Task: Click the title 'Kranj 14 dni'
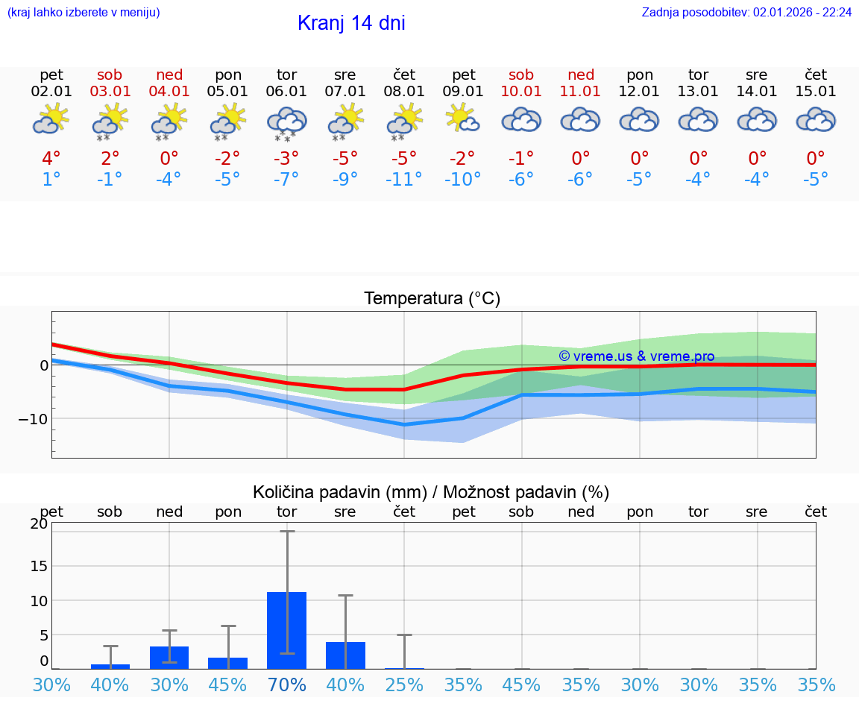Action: (x=351, y=23)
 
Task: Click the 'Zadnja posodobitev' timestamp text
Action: (x=746, y=12)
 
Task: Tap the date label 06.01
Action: (x=286, y=92)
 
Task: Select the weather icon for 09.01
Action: (x=463, y=119)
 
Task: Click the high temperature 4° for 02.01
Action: (x=51, y=159)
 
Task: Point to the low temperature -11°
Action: (x=403, y=180)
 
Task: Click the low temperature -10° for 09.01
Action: (x=463, y=180)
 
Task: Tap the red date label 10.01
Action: (x=521, y=92)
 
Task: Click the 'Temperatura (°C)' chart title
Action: (x=432, y=299)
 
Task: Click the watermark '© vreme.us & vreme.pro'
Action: (x=637, y=356)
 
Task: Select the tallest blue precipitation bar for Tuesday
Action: (x=287, y=630)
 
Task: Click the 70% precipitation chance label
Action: (x=287, y=684)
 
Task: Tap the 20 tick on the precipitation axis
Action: (x=39, y=523)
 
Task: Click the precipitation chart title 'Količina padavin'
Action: (x=431, y=492)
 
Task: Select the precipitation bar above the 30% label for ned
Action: (x=169, y=658)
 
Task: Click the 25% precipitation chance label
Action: (x=404, y=684)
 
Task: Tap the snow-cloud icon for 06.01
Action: (x=286, y=122)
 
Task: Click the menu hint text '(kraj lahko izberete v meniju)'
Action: (x=83, y=12)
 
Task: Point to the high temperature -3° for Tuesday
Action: (x=286, y=159)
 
